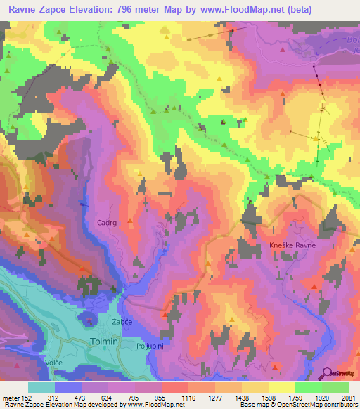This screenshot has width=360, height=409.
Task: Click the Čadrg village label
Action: point(108,222)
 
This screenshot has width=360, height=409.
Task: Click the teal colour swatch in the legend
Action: point(41,387)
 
